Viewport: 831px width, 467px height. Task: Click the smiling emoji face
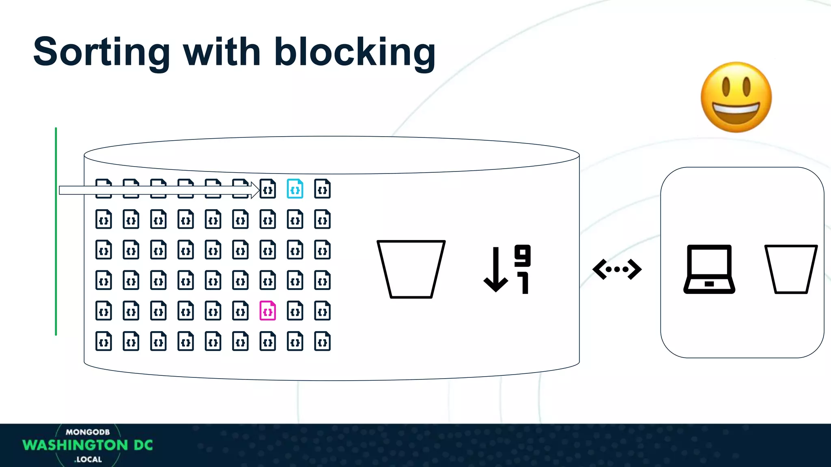pyautogui.click(x=736, y=97)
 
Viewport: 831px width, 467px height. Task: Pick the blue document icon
pyautogui.click(x=295, y=189)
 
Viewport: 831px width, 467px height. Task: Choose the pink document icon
pyautogui.click(x=268, y=311)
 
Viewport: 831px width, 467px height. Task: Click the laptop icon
pyautogui.click(x=709, y=269)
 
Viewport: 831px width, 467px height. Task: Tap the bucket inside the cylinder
pyautogui.click(x=411, y=269)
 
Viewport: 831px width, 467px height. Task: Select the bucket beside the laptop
pyautogui.click(x=791, y=269)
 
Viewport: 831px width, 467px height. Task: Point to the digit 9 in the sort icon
pyautogui.click(x=523, y=255)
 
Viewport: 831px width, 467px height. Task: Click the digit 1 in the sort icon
pyautogui.click(x=524, y=283)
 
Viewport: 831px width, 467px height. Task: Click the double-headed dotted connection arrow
pyautogui.click(x=617, y=269)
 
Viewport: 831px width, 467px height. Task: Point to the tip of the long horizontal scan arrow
pyautogui.click(x=258, y=190)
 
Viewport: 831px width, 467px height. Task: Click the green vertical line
pyautogui.click(x=56, y=231)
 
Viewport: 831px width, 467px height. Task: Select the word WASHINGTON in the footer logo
pyautogui.click(x=75, y=445)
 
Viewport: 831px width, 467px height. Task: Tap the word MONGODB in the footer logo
pyautogui.click(x=88, y=432)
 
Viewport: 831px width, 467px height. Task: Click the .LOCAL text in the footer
pyautogui.click(x=88, y=459)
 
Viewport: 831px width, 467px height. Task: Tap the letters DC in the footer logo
pyautogui.click(x=143, y=445)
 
